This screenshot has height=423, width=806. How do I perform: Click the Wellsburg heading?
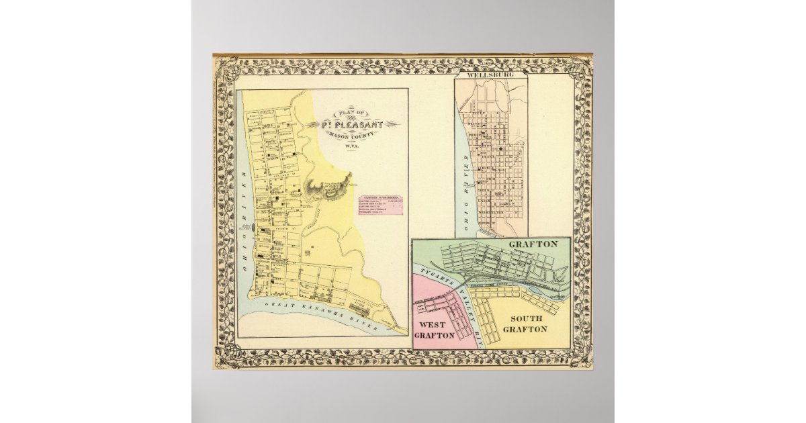491,76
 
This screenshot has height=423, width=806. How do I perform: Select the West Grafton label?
437,329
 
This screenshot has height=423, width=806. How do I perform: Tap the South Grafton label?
526,324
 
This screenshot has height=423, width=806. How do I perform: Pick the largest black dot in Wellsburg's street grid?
501,148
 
